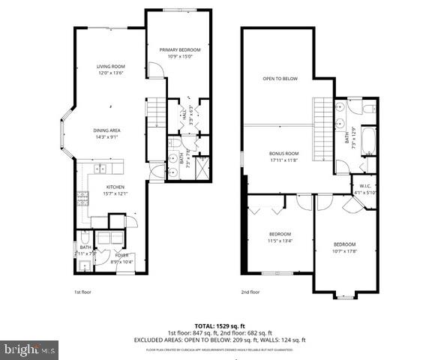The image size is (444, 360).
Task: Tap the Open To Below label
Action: tap(280, 78)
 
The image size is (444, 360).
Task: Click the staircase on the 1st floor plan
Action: tap(154, 112)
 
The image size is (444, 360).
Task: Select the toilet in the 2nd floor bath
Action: tap(368, 109)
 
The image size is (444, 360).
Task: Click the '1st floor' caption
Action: tap(83, 292)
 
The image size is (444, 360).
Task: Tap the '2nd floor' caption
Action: tap(250, 292)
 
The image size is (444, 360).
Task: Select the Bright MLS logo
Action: tap(30, 349)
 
